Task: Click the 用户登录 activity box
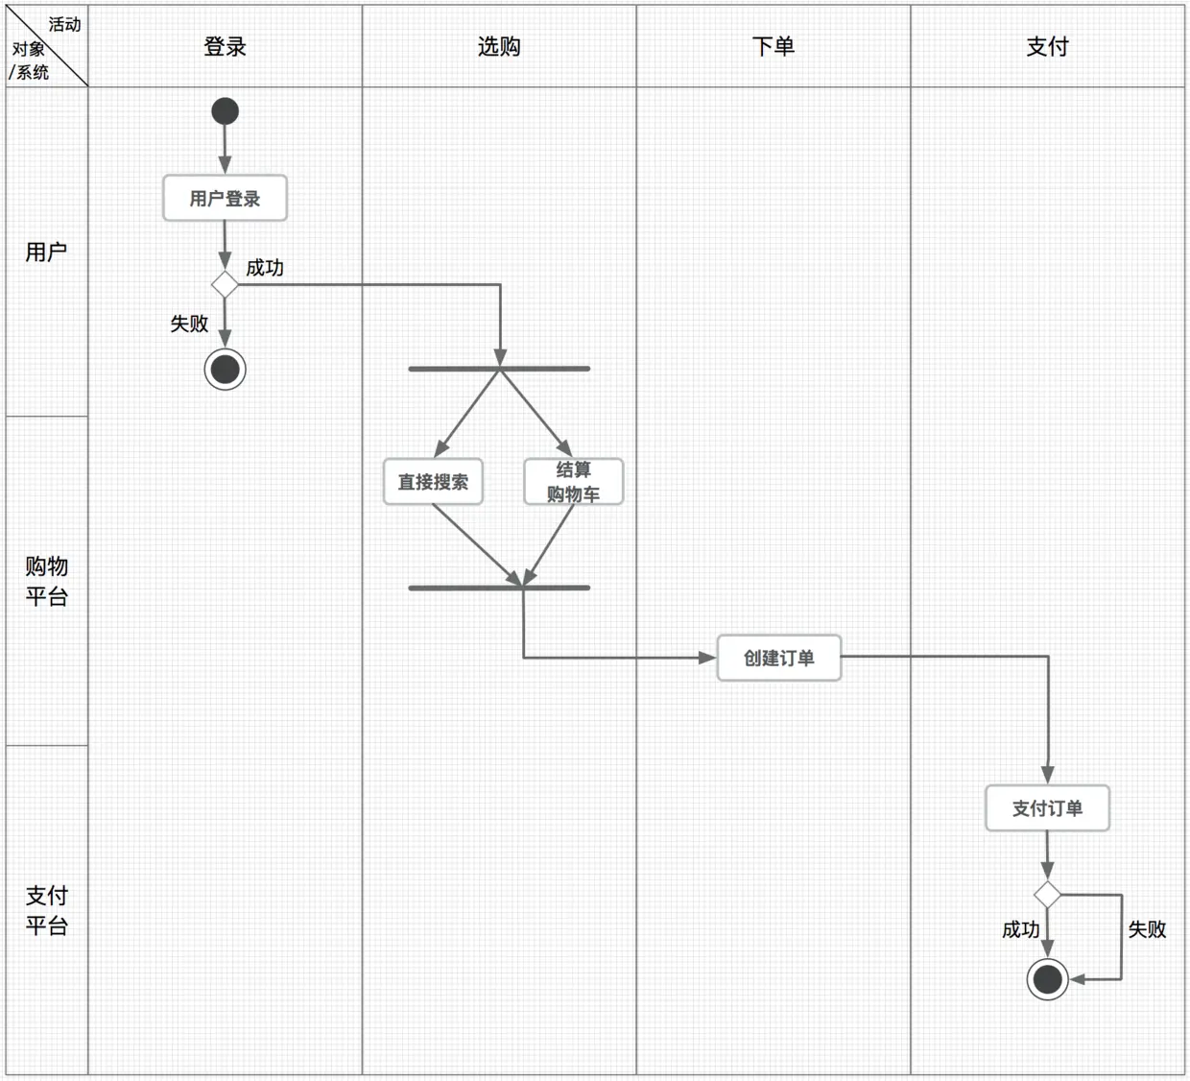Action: (x=225, y=199)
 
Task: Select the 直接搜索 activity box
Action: (x=433, y=482)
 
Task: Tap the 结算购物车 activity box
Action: (x=573, y=482)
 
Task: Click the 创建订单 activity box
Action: (x=778, y=659)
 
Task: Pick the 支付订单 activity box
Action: (x=1047, y=808)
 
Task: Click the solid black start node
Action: (x=225, y=111)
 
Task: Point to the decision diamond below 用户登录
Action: (x=225, y=285)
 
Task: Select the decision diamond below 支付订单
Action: (x=1047, y=895)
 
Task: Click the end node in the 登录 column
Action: (x=225, y=370)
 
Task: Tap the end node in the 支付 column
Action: (x=1047, y=979)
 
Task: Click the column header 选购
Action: (x=499, y=46)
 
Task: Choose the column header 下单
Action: (x=773, y=46)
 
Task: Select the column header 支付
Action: (x=1047, y=46)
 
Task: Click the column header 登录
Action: (x=225, y=46)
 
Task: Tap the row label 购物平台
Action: (x=46, y=581)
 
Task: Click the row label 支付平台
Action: (x=46, y=910)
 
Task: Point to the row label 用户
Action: (x=46, y=252)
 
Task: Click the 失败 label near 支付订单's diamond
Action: (x=1147, y=929)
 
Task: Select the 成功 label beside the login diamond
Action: (x=265, y=268)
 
